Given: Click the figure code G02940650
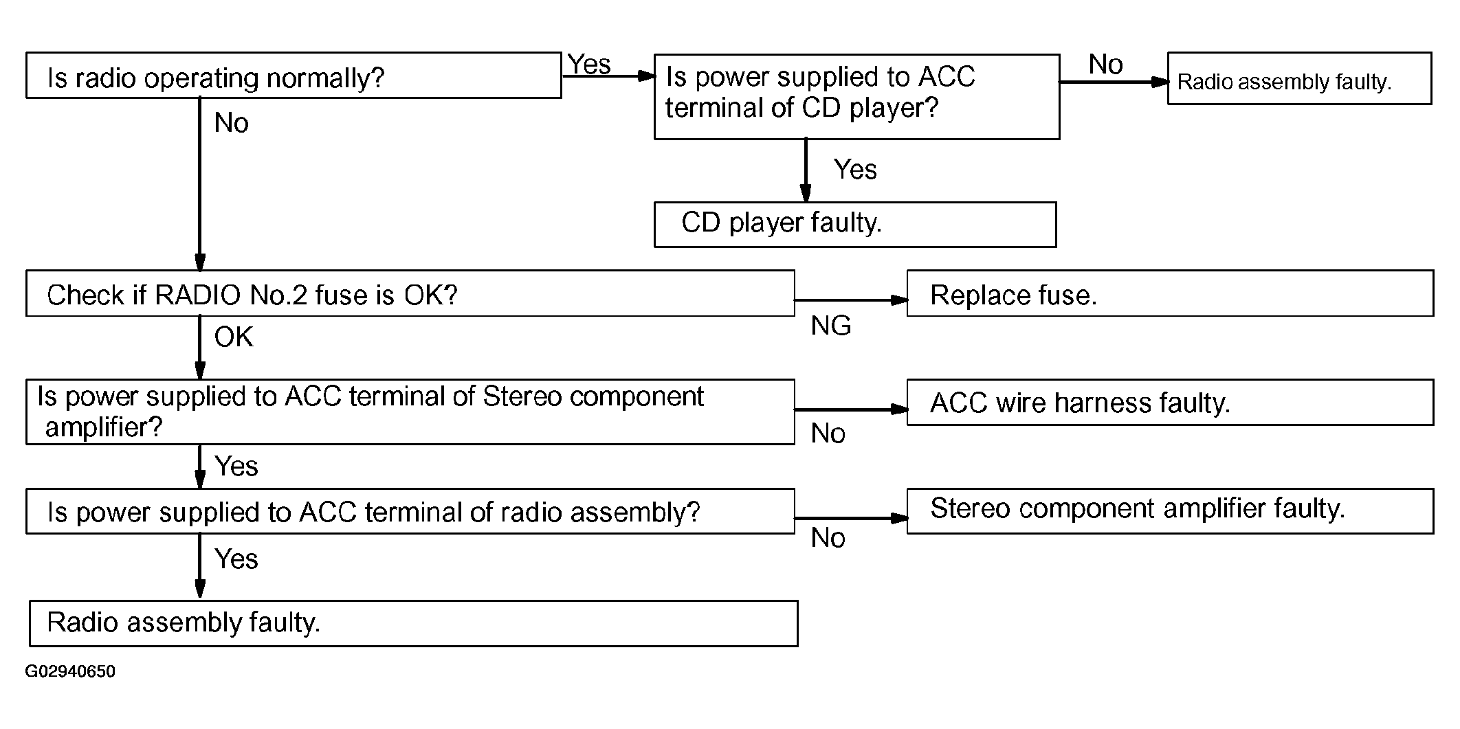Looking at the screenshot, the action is pos(70,671).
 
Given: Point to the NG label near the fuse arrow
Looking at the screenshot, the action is pos(831,326).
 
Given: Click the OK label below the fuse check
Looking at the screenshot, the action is pos(234,337).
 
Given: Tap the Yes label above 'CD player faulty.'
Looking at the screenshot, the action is pos(855,170).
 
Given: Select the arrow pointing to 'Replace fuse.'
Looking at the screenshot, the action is pos(852,300).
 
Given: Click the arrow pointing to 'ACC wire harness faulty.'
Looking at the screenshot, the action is pos(852,410).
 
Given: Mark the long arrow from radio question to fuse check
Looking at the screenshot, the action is pos(200,184).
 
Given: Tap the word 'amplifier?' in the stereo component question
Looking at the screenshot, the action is pos(104,427).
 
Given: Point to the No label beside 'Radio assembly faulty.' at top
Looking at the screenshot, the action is pos(1105,65).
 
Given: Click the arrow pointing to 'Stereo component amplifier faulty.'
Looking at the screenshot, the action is pos(852,519).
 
